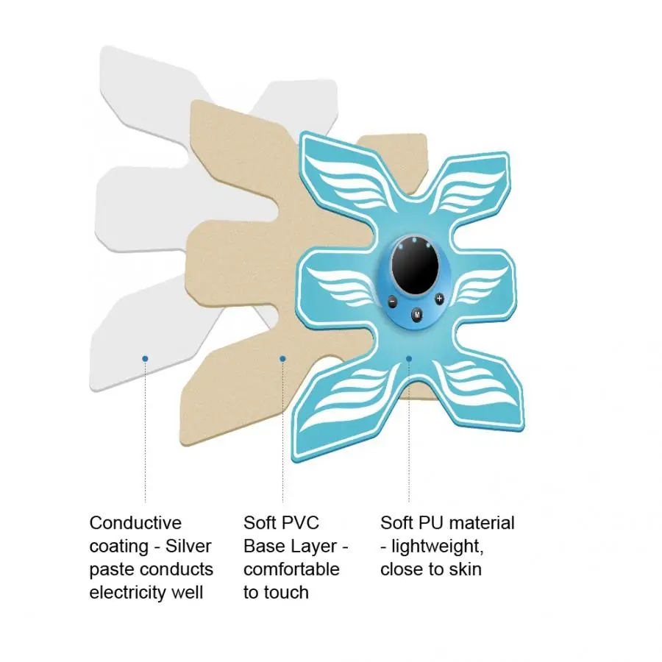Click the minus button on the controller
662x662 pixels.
tap(392, 302)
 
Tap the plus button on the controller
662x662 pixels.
tap(440, 299)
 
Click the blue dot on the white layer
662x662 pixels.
tap(145, 358)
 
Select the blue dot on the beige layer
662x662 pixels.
tap(283, 358)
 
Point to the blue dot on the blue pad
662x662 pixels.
tap(409, 358)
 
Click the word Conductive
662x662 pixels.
tap(135, 523)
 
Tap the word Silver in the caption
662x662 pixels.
tap(188, 546)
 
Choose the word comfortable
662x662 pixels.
tap(292, 569)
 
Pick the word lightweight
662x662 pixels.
tap(438, 547)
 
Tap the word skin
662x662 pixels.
tap(466, 569)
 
